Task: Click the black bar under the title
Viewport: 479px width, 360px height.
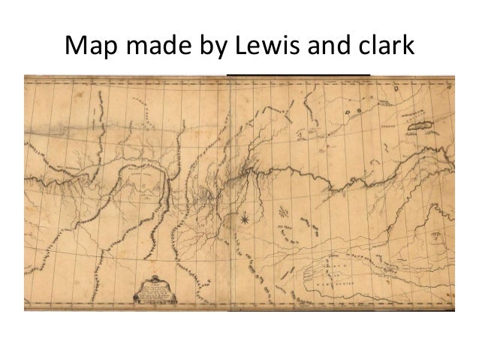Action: pyautogui.click(x=299, y=74)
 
